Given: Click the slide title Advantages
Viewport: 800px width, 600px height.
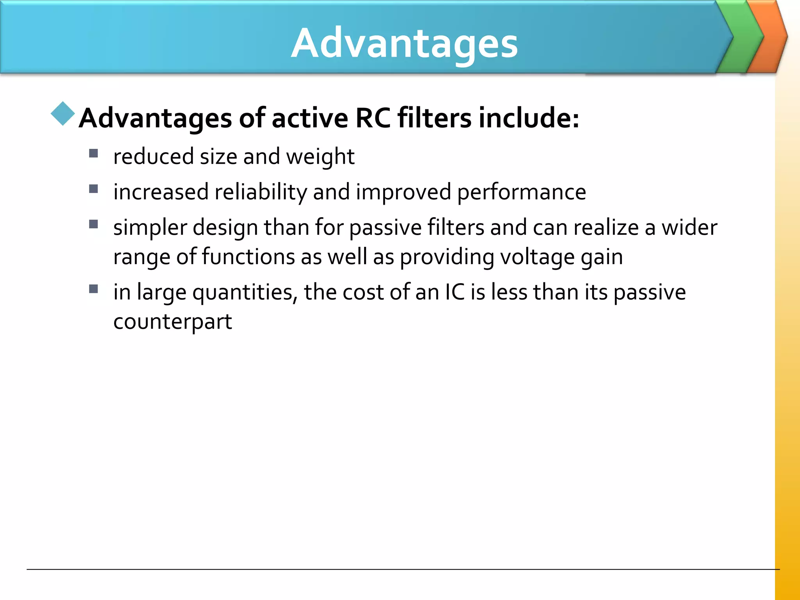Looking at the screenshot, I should pos(404,44).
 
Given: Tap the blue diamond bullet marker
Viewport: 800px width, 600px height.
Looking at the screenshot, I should pos(62,114).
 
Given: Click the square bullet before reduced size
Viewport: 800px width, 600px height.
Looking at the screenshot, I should pos(93,153).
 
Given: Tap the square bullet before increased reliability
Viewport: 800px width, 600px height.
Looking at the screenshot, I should pos(93,189).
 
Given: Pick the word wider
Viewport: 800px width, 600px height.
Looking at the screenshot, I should pos(689,228).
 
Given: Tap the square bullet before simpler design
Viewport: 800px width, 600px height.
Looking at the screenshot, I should pos(93,224).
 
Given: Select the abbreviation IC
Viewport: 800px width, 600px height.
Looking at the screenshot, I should pos(455,293).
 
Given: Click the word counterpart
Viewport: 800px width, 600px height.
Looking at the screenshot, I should pos(172,322).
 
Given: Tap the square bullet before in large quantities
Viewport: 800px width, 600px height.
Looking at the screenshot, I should pos(93,289).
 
